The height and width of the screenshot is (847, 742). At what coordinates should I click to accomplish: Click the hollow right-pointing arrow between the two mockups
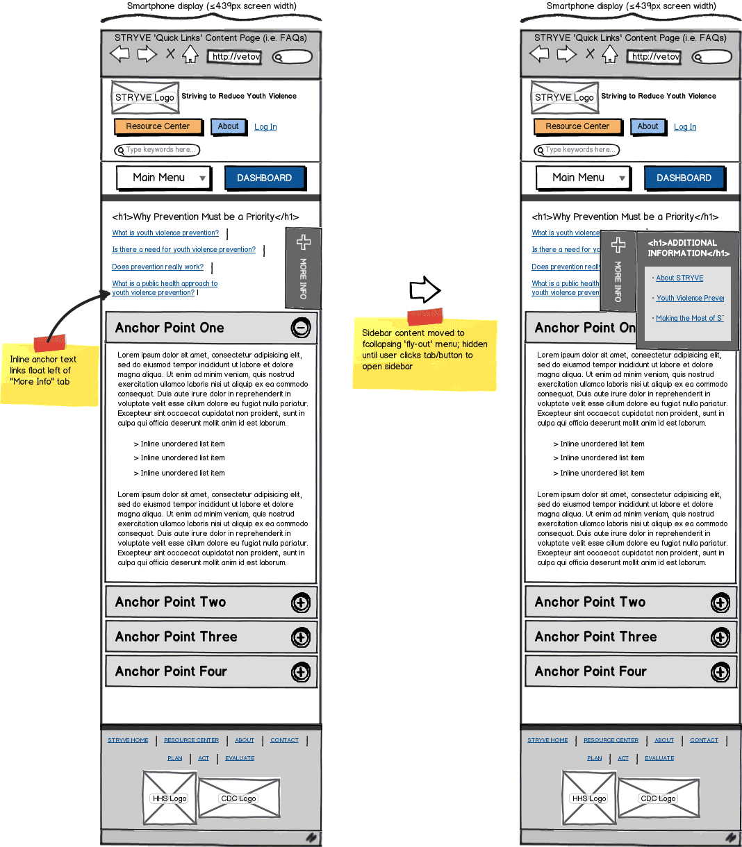[424, 290]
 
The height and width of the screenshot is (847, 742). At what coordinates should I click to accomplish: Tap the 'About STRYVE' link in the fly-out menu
[679, 278]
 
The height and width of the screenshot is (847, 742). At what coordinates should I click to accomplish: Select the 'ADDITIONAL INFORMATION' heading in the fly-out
[688, 248]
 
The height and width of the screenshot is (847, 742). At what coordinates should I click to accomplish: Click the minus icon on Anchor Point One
[300, 328]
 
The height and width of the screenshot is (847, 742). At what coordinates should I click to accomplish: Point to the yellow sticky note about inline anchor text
[49, 374]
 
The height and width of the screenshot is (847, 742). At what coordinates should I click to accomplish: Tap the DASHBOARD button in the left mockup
[265, 178]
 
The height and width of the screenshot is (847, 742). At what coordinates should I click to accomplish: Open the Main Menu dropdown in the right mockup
[583, 178]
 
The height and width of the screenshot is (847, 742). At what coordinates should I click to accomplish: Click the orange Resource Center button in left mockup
[158, 126]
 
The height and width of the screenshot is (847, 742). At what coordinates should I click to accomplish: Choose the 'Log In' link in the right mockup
[684, 127]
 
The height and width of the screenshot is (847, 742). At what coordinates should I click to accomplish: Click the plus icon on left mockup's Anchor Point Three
[300, 637]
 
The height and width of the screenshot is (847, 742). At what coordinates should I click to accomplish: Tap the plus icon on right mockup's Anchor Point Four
[720, 672]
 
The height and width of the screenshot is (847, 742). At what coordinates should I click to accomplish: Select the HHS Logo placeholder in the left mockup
[170, 798]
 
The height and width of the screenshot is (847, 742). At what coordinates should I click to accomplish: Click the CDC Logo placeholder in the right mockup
[658, 798]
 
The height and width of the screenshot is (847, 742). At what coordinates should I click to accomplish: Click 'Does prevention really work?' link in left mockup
[158, 267]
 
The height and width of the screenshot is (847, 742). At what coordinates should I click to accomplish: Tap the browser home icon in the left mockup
[190, 55]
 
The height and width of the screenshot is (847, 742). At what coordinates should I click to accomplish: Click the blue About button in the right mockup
[648, 126]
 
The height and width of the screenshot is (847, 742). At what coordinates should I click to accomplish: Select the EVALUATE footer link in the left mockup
[240, 758]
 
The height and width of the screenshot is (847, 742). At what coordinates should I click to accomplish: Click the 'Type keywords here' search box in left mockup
[158, 150]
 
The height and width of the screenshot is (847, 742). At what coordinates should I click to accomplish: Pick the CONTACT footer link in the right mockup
[704, 740]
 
